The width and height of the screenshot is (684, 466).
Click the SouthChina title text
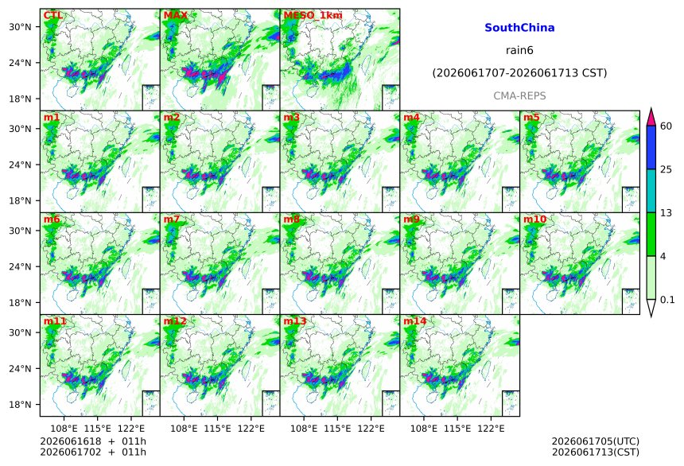tap(519, 28)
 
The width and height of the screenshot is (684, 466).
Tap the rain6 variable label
tap(519, 50)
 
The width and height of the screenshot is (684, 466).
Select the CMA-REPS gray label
tap(519, 95)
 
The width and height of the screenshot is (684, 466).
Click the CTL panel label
tap(52, 15)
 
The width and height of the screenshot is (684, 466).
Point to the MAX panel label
tap(175, 15)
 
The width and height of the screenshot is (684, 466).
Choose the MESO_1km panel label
tap(313, 15)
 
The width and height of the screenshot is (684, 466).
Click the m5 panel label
tap(531, 118)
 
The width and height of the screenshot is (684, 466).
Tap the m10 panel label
tap(534, 219)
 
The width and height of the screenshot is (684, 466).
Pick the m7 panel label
tap(172, 219)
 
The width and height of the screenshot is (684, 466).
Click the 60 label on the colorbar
tap(666, 126)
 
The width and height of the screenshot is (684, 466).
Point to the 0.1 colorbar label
tap(667, 300)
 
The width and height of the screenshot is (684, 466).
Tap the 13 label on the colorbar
tap(666, 213)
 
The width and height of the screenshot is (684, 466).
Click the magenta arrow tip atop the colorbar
tap(651, 108)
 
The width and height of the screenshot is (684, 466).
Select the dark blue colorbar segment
tap(651, 147)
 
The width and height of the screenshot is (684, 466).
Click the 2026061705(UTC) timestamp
tap(596, 441)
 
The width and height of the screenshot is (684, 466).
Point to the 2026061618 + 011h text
tap(93, 441)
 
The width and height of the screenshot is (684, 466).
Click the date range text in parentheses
tap(519, 73)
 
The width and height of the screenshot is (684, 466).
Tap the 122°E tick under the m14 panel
tap(491, 429)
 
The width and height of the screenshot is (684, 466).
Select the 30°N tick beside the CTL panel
tap(20, 27)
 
